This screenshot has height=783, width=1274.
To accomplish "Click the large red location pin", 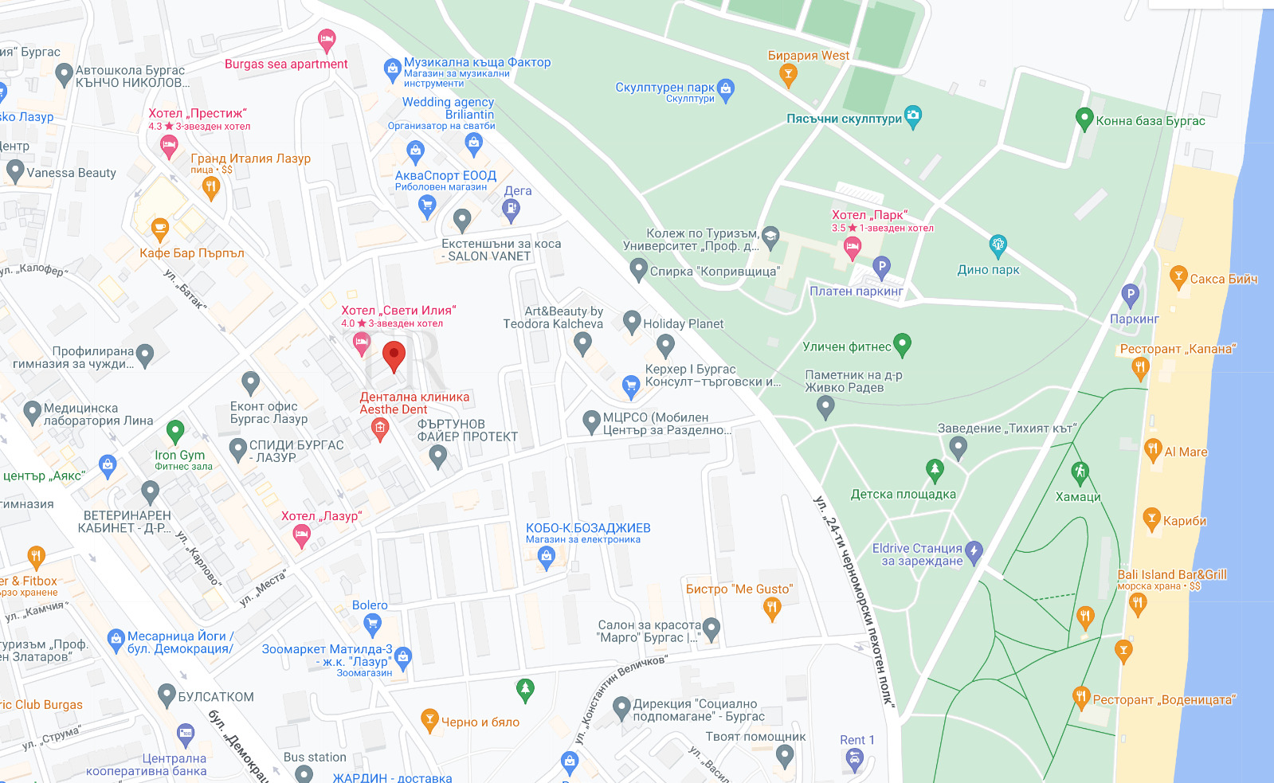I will click(394, 355).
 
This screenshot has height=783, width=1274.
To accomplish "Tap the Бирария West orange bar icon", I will click(788, 75).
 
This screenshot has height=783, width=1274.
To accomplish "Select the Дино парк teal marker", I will click(998, 245).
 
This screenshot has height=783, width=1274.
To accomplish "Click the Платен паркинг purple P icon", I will click(880, 267).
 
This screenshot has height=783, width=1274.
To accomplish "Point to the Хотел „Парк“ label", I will click(869, 215).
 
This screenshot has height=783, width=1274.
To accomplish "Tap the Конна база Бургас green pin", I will click(1084, 119).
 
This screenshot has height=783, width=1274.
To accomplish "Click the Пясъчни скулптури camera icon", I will click(913, 116).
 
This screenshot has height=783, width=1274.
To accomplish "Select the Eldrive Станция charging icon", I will click(974, 550).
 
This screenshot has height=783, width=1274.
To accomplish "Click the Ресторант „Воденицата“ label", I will click(1163, 699).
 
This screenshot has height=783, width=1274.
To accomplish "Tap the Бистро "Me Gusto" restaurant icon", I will click(771, 609).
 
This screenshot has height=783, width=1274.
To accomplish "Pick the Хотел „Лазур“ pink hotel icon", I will click(301, 535).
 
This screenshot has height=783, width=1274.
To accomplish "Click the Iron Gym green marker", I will click(175, 432).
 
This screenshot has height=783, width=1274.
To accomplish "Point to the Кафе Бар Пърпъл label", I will click(192, 253).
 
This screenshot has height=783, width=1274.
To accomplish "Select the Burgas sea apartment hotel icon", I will click(326, 39).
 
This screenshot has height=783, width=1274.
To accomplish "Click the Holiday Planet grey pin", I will click(665, 345).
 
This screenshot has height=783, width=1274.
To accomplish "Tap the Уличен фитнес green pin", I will click(902, 344).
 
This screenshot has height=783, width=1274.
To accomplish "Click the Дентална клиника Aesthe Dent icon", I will click(380, 430).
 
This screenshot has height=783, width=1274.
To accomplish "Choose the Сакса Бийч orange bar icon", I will click(1178, 277).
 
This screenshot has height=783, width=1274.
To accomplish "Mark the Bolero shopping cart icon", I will click(372, 624).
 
